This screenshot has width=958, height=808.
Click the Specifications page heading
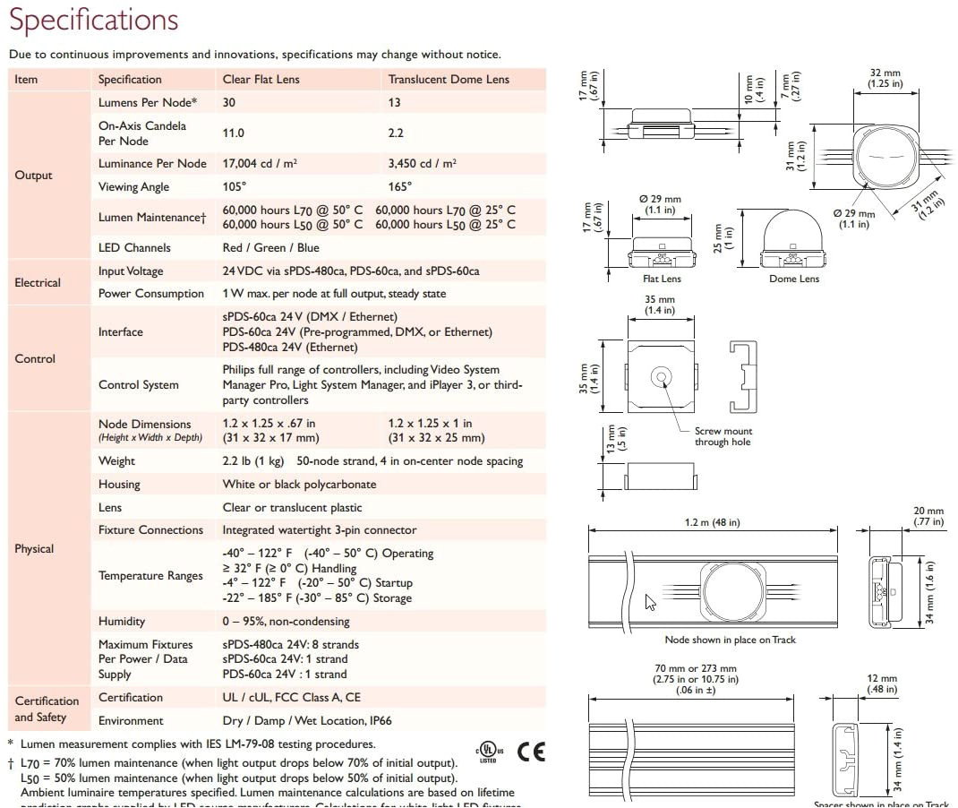coord(94,20)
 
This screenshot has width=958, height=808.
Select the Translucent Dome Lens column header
coord(449,79)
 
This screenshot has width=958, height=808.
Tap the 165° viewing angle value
coord(400,187)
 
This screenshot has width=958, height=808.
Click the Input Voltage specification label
coord(131,271)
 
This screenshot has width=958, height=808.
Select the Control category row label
coord(35,358)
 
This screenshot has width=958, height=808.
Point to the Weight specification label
coord(117,461)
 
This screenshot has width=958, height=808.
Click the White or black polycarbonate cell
coord(299,485)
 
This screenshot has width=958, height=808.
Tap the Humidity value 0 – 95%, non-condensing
coord(286,622)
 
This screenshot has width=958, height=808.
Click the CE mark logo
coord(531,751)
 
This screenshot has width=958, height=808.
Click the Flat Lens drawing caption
coord(663,279)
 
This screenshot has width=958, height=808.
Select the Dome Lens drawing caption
coord(794,279)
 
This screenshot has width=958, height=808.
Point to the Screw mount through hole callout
coord(723,436)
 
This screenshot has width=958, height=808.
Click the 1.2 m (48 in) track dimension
coord(713,522)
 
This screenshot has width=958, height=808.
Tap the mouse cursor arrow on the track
coord(650,603)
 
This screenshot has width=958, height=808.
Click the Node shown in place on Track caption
coord(730,640)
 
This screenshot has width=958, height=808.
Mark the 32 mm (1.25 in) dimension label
coord(885,78)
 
